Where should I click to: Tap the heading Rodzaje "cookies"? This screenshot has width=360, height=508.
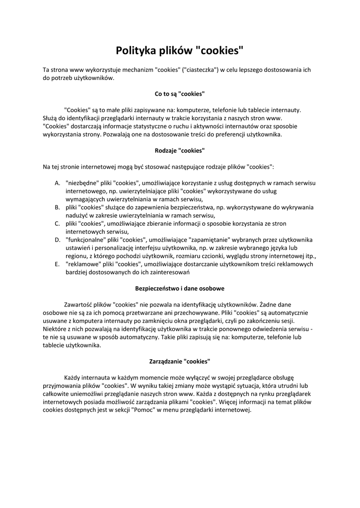tap(180, 150)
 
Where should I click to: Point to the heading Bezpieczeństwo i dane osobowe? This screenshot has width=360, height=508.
tap(180, 288)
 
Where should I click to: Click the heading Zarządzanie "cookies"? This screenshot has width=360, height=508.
tap(180, 361)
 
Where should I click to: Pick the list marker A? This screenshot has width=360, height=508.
tap(57, 183)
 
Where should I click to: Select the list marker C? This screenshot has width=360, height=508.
tap(57, 223)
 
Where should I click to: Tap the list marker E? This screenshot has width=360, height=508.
tap(57, 264)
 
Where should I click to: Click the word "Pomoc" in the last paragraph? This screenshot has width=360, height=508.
tap(143, 410)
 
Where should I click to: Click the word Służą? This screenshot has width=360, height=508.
tap(51, 118)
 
